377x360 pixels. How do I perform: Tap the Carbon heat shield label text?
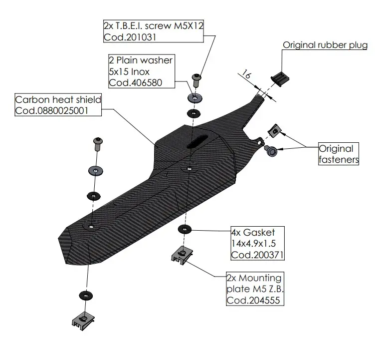click(51, 100)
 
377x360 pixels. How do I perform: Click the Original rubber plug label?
click(325, 45)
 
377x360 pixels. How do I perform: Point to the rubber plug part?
click(280, 78)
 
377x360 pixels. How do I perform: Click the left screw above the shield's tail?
click(97, 144)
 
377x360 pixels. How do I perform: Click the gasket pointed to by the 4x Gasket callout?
click(185, 229)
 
